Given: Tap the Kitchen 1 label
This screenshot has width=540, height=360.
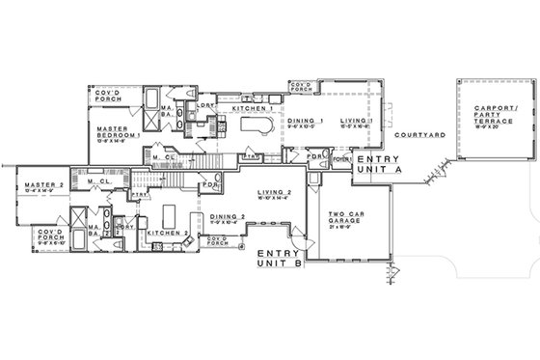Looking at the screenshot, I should click(253, 110).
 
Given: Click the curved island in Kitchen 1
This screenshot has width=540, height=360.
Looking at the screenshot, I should click(255, 127).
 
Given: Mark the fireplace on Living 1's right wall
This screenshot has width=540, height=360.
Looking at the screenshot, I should click(387, 108).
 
